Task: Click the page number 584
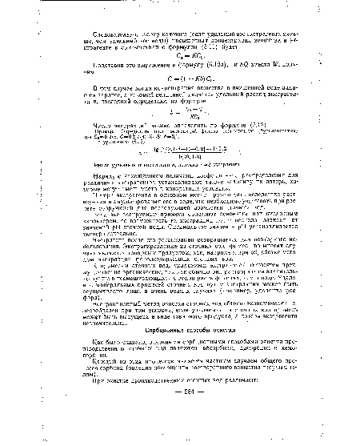click(x=186, y=400)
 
